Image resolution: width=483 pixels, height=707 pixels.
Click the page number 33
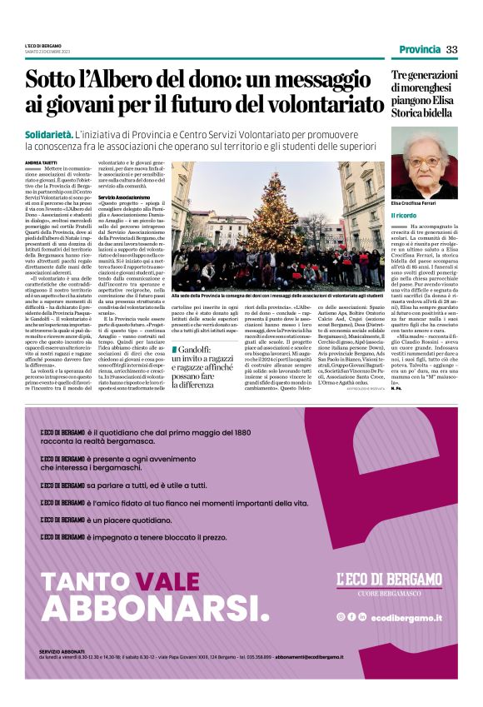pyautogui.click(x=451, y=50)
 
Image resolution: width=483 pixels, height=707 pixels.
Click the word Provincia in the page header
pyautogui.click(x=420, y=50)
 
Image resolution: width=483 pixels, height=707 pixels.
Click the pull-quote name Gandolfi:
pyautogui.click(x=197, y=347)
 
